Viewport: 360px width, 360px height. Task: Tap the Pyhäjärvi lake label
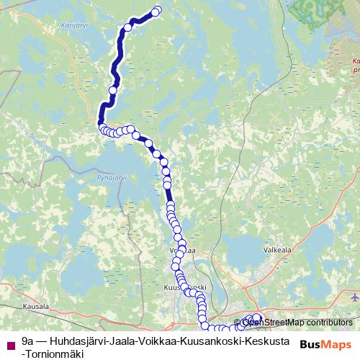(113, 177)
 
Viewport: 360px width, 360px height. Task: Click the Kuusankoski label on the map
(185, 287)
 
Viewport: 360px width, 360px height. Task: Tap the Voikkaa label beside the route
(181, 251)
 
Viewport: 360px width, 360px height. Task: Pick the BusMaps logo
(325, 344)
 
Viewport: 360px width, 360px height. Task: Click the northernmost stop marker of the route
(157, 10)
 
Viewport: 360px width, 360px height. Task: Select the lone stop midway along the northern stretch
(112, 90)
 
